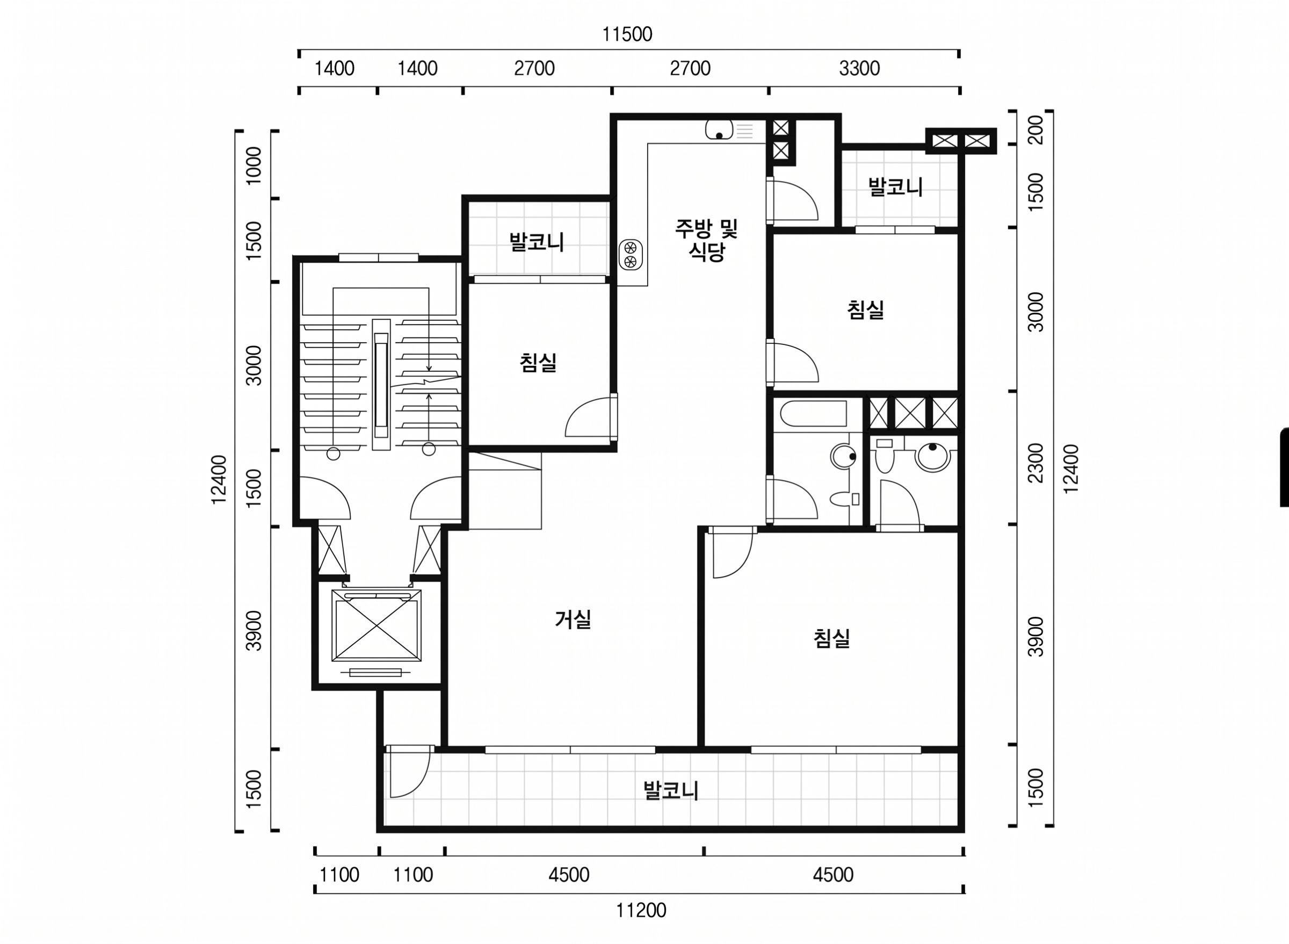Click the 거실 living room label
[573, 619]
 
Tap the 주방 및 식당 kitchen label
[706, 241]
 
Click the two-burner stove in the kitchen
[631, 254]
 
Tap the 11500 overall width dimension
[627, 35]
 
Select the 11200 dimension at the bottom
[641, 910]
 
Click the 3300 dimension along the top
[859, 69]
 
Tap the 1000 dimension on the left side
[253, 165]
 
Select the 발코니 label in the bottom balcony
[671, 791]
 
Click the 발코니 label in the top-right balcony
[895, 187]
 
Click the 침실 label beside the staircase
[538, 362]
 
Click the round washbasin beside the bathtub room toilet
[843, 456]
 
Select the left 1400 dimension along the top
[335, 69]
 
